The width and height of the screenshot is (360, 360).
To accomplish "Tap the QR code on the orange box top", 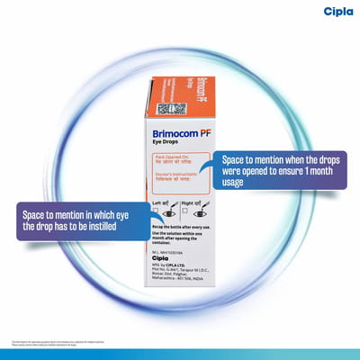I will [171, 109].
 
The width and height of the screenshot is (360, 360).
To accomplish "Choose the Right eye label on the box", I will [191, 204].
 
